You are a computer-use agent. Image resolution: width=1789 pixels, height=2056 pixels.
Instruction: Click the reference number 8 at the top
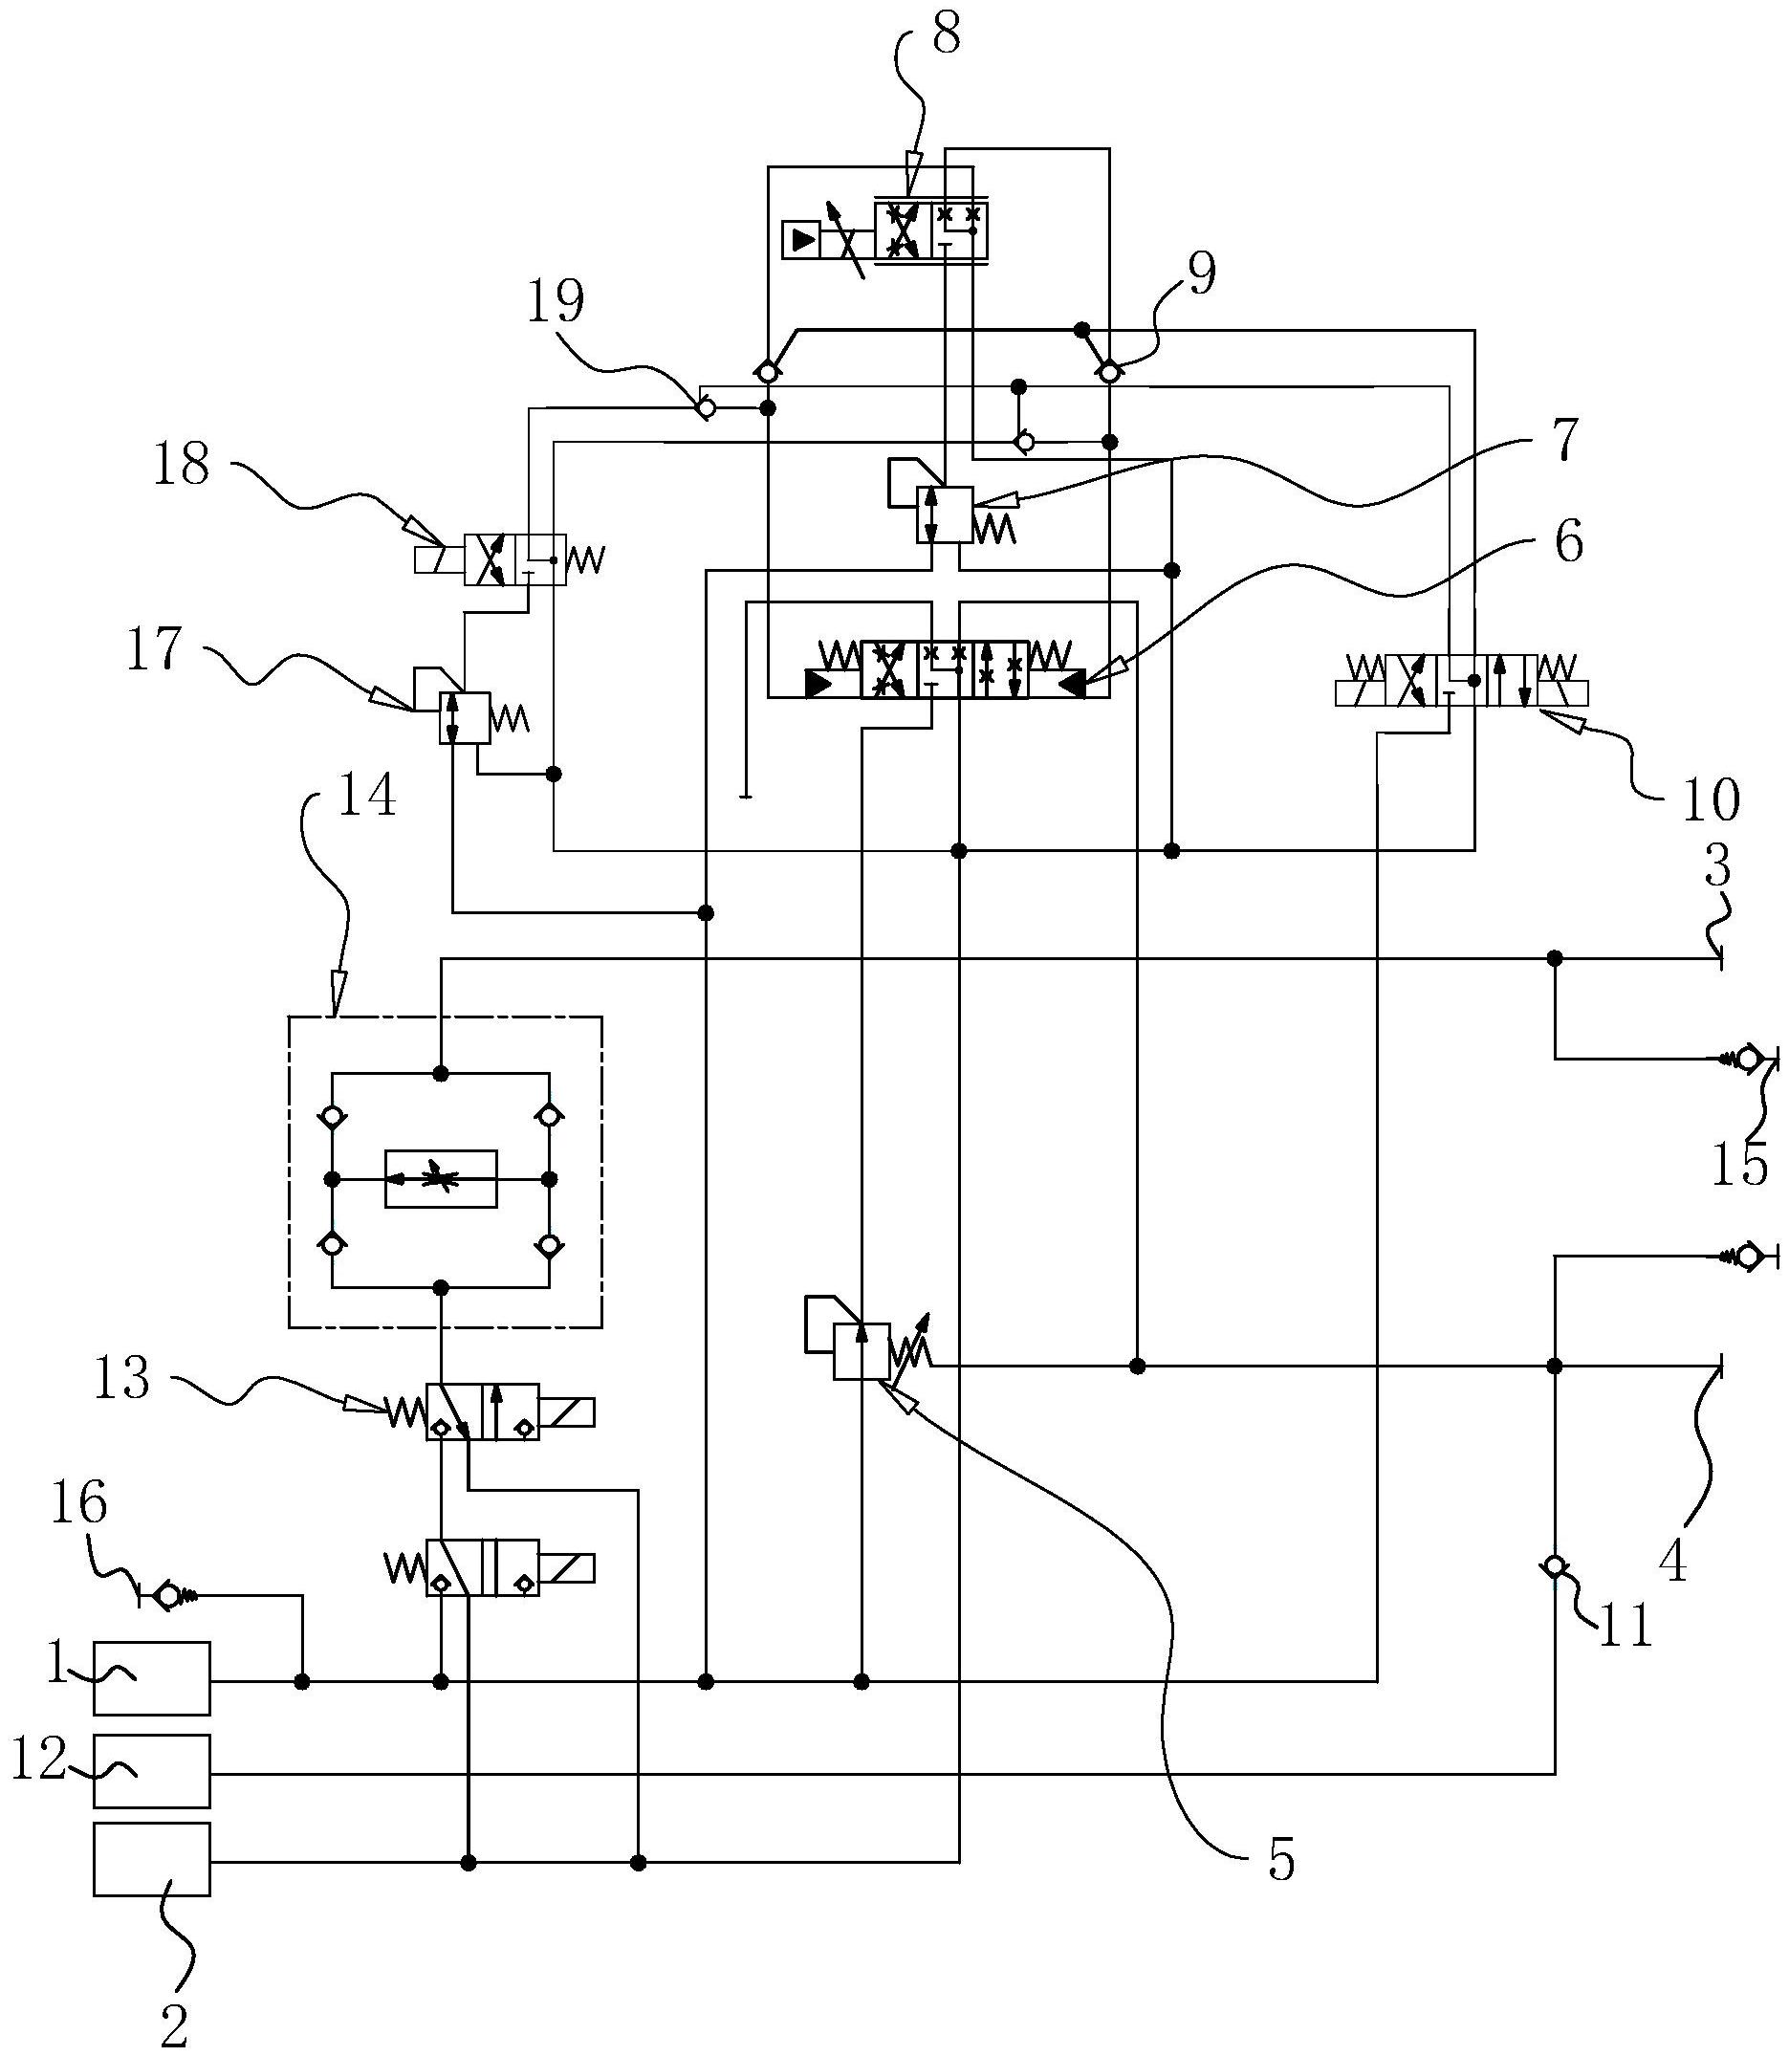coord(944,36)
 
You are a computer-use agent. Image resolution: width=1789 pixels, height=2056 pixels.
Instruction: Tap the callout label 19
coord(556,300)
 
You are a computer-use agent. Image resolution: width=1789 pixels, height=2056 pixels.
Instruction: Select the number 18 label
coord(182,466)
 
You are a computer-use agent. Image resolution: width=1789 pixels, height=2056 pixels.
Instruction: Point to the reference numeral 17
coord(155,649)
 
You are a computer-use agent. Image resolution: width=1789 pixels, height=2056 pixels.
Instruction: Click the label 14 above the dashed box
coord(367,798)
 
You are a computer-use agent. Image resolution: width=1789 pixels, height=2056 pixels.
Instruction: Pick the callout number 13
coord(121,1379)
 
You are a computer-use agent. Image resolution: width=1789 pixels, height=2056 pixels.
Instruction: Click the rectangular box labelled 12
coord(152,1771)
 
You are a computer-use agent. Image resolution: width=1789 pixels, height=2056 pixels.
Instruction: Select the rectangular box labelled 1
coord(152,1679)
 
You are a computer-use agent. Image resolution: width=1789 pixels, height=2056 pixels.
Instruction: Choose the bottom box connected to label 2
coord(152,1859)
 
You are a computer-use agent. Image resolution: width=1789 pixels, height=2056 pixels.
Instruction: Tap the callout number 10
coord(1712,798)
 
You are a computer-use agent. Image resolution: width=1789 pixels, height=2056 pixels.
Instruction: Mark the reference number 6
coord(1568,543)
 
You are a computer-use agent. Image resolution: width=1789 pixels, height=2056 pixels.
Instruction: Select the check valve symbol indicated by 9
coord(1108,372)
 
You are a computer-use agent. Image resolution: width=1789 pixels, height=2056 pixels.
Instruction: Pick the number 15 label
coord(1738,1166)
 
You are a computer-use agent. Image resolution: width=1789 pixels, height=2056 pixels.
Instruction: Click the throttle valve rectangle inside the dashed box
coord(441,1179)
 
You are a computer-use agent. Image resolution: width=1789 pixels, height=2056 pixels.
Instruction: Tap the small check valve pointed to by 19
coord(706,407)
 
